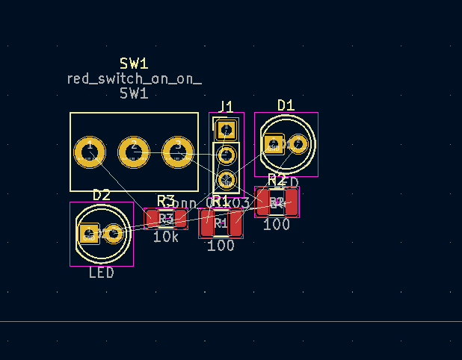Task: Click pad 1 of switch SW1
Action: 90,152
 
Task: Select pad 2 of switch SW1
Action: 134,152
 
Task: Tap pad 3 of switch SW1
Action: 178,152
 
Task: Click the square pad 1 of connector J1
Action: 226,130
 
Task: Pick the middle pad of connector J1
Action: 226,155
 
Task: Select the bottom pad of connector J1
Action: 226,179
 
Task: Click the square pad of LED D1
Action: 274,144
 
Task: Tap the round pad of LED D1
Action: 298,144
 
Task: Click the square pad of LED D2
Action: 89,234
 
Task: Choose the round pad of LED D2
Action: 114,234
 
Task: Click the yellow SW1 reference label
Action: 134,63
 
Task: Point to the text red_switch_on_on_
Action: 134,78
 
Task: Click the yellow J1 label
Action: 226,106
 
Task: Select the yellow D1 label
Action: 286,105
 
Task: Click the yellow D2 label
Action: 102,195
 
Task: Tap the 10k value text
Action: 165,237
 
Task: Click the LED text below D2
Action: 102,273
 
